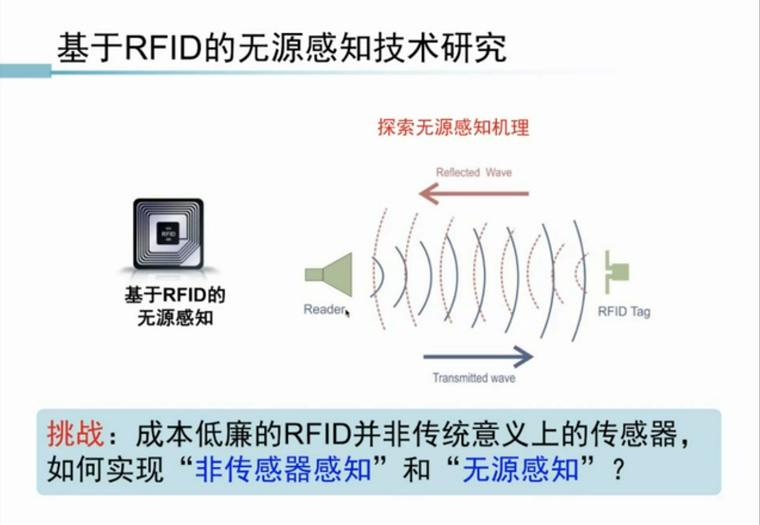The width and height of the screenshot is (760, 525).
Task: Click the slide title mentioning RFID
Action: click(281, 48)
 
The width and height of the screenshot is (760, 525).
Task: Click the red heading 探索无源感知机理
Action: click(453, 128)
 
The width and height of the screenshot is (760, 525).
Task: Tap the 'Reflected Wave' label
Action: click(474, 172)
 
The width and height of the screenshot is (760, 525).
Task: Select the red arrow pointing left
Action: click(473, 195)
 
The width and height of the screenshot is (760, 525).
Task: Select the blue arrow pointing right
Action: click(477, 356)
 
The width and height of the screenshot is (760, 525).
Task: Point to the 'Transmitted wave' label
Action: click(473, 377)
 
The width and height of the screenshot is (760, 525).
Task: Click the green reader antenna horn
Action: click(330, 274)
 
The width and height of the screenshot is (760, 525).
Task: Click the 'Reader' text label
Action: click(323, 309)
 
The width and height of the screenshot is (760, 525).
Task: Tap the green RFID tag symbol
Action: click(614, 272)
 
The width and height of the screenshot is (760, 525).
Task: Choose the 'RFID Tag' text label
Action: click(624, 311)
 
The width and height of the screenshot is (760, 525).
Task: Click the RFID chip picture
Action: click(168, 233)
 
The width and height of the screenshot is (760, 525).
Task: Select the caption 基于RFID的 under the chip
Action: click(175, 295)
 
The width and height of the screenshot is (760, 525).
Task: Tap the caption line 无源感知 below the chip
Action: click(175, 318)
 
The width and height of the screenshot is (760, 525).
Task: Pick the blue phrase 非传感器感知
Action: click(284, 470)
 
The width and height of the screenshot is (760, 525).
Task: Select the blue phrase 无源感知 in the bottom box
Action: click(521, 470)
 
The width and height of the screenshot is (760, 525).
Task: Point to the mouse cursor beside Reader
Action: click(348, 313)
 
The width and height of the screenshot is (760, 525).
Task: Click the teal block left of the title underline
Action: click(25, 71)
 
